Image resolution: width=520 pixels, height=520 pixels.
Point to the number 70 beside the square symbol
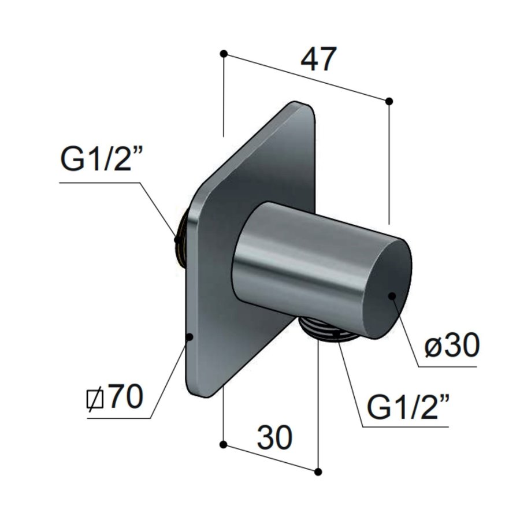(124, 398)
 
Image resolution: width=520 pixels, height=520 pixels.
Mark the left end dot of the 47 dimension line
(224, 54)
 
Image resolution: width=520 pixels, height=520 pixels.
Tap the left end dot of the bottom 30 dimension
(224, 444)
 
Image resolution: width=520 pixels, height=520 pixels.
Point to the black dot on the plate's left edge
(189, 336)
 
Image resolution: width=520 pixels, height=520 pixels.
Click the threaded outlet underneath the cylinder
(325, 333)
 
